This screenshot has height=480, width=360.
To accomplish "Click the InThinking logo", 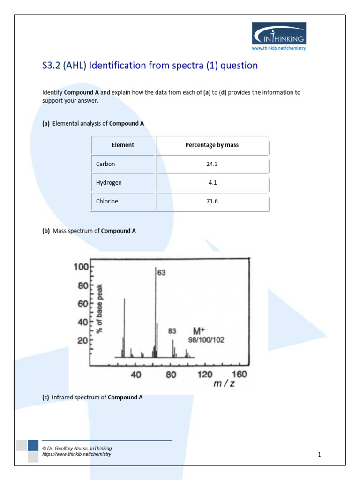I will click(x=279, y=33).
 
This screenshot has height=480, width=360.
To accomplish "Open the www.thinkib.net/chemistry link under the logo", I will click(x=279, y=48).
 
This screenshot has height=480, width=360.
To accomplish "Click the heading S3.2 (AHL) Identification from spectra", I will click(x=150, y=66).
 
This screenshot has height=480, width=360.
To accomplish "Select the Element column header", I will click(x=123, y=145).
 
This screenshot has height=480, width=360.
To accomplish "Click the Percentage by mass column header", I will click(x=212, y=145).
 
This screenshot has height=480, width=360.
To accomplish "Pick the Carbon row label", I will click(x=105, y=164).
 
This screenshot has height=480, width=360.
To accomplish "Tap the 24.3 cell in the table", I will click(x=212, y=164).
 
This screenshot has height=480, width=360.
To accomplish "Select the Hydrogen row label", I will click(x=109, y=183).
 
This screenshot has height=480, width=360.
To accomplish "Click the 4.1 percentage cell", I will click(x=212, y=183).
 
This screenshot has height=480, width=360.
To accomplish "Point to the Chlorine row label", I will click(x=107, y=202).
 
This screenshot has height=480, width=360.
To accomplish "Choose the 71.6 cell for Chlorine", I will click(x=212, y=202).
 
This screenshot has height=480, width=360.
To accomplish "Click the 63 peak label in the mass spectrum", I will click(x=161, y=272).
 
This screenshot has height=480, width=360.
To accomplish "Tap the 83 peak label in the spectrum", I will click(x=172, y=331).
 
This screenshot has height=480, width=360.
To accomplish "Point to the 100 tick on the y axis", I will click(x=80, y=267).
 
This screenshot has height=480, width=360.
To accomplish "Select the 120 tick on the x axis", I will click(x=205, y=375).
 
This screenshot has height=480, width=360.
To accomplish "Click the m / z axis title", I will click(x=224, y=385).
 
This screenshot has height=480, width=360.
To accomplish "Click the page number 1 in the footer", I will click(x=319, y=454).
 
